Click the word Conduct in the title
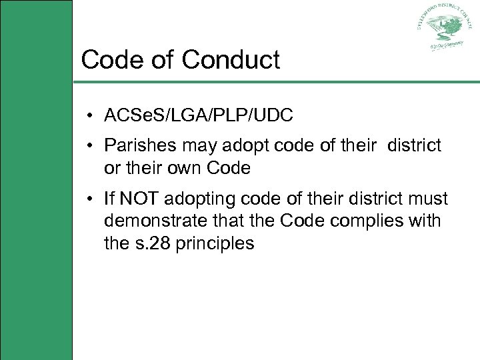231,60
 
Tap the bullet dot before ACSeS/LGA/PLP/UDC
89,116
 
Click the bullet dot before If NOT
89,199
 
